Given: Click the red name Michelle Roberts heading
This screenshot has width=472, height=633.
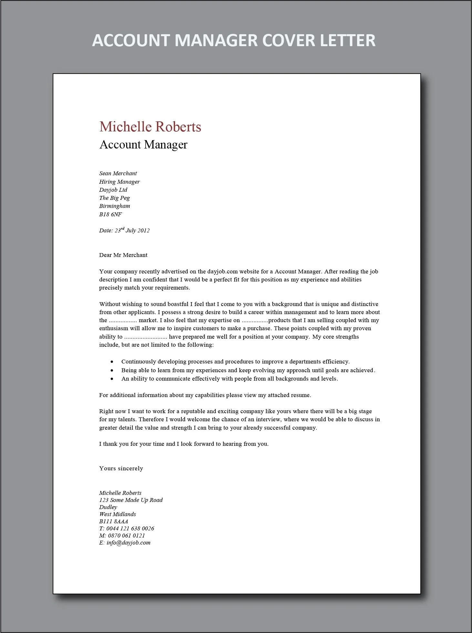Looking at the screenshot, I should point(150,127).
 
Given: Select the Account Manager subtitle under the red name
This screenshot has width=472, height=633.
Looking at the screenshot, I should point(143,145).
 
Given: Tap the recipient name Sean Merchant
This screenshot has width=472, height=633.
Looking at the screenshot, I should point(118,173).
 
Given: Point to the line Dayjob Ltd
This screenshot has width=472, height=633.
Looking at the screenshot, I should point(113,190).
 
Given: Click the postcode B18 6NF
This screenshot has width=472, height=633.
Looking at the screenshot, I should point(110,214).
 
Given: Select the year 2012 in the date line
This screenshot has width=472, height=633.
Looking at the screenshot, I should point(144,230).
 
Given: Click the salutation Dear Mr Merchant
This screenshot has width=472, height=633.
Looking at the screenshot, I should point(123,255).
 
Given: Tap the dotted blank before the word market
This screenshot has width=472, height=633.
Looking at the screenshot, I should point(123,321).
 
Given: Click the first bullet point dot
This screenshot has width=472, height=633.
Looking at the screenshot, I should point(112,362).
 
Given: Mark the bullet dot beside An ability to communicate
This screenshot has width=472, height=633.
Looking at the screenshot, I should point(112,379).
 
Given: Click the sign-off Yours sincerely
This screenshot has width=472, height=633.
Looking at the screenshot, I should point(121,468).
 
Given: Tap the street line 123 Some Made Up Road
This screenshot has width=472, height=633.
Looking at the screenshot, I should point(131,500).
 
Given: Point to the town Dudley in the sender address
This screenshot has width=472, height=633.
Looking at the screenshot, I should point(108,507).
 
